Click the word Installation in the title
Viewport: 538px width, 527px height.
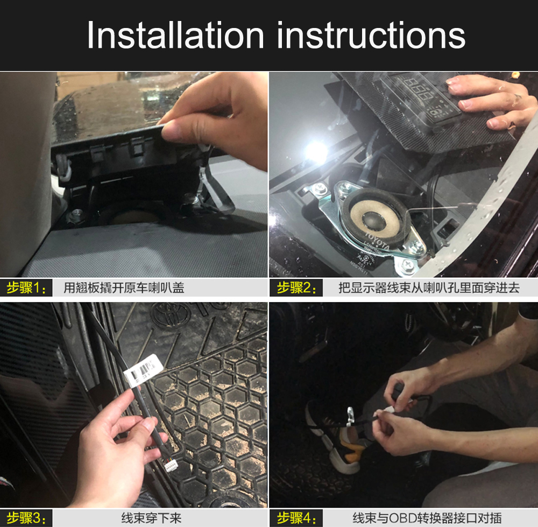tap(175, 35)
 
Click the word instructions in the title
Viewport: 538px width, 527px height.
tap(371, 35)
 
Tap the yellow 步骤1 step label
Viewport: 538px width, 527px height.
tap(26, 287)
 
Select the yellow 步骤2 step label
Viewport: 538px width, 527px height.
tap(296, 287)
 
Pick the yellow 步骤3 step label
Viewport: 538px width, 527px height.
tap(26, 518)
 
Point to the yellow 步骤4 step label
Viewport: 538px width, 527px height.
tap(296, 518)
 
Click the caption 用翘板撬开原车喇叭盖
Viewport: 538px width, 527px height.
tap(124, 287)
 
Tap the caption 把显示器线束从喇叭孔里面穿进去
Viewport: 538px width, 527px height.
tap(429, 287)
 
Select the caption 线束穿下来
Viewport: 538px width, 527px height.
tap(151, 518)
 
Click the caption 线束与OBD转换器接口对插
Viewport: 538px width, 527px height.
tap(427, 518)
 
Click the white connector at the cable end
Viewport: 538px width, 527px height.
tap(171, 466)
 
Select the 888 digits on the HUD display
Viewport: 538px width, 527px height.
tap(417, 89)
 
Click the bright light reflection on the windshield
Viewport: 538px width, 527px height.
tap(316, 151)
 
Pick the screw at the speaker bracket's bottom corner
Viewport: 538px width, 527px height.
tap(408, 264)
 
